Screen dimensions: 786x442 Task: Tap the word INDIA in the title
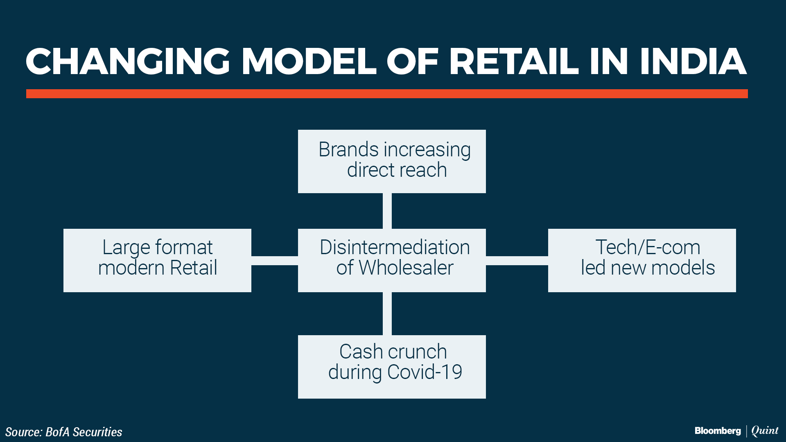click(693, 61)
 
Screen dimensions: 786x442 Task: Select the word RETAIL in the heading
click(514, 61)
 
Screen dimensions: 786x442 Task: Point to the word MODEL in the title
click(309, 61)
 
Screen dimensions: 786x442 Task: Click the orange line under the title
click(387, 94)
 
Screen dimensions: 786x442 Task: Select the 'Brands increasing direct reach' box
click(392, 161)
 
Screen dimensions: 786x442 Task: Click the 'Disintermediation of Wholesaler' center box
click(392, 260)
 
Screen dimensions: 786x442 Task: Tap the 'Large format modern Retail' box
click(157, 260)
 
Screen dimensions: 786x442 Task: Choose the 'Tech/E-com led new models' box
click(642, 260)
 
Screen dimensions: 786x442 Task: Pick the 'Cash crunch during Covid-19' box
click(392, 367)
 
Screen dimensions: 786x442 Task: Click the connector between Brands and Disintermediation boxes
click(387, 211)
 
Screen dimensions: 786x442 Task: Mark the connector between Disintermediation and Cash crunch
click(387, 313)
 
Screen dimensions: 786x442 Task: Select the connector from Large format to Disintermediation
click(275, 261)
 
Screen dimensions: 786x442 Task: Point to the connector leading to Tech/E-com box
click(517, 261)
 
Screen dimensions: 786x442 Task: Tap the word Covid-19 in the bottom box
click(425, 372)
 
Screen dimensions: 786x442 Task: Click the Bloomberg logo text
click(718, 431)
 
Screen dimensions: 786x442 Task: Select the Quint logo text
click(765, 431)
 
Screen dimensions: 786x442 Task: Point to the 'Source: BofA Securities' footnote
click(63, 432)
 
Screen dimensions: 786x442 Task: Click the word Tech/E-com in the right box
click(648, 247)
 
